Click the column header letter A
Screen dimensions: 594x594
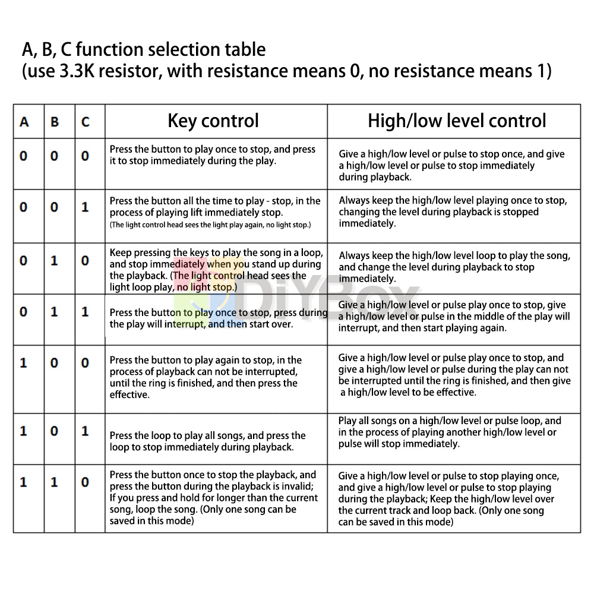(24, 122)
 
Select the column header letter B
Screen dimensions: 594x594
(55, 122)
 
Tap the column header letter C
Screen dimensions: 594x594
(86, 122)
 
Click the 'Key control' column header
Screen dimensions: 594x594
(213, 121)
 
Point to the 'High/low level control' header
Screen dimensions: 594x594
(456, 121)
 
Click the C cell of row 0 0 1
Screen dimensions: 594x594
(86, 207)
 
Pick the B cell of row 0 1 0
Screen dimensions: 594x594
(55, 261)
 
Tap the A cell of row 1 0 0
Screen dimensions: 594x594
(24, 362)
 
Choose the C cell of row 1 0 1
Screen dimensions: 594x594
(86, 431)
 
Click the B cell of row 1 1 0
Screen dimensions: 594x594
(55, 482)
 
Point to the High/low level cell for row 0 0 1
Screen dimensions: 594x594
(453, 212)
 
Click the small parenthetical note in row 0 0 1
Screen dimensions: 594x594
(210, 225)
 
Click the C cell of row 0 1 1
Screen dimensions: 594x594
(86, 312)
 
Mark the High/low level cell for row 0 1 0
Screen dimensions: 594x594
(454, 267)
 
